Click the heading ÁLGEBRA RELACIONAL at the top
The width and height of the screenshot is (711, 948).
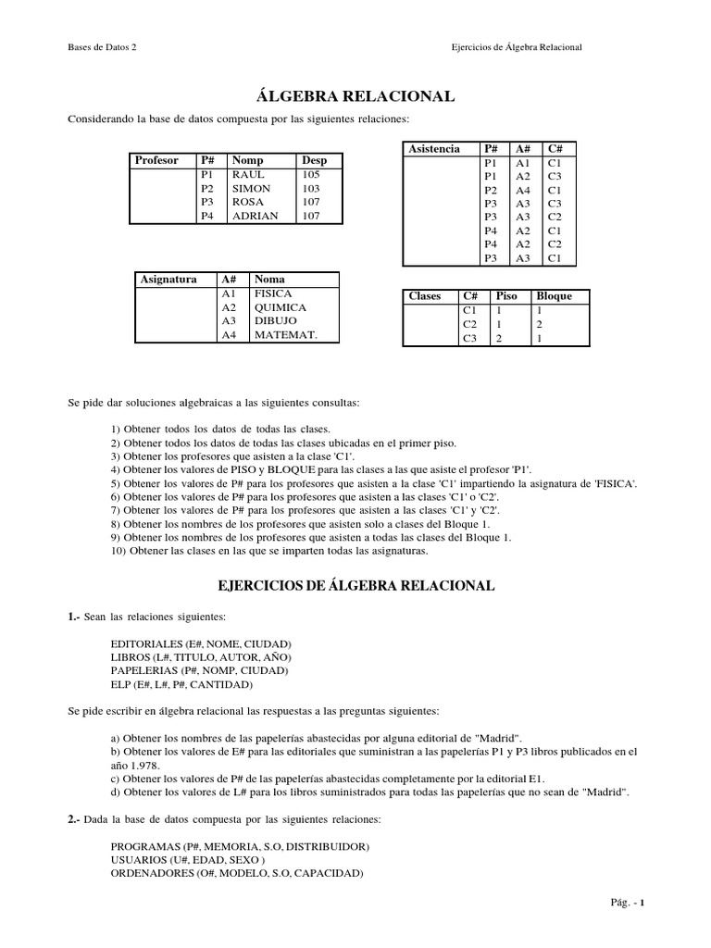[x=355, y=96]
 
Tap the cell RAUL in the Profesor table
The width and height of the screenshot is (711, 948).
[x=248, y=174]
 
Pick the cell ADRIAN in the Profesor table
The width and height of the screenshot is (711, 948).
[x=256, y=216]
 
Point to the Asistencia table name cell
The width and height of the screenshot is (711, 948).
[x=433, y=148]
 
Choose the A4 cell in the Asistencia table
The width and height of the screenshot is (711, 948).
[x=523, y=190]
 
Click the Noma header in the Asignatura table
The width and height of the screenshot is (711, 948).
[x=269, y=279]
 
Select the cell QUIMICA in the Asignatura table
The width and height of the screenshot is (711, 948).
[x=281, y=307]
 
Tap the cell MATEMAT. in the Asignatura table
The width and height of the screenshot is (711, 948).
[x=285, y=335]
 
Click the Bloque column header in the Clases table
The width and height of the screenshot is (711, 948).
[x=554, y=296]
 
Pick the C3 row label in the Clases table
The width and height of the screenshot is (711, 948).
[x=469, y=339]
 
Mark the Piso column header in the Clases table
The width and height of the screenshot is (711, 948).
[x=507, y=296]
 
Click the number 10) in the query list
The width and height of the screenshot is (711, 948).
[x=119, y=551]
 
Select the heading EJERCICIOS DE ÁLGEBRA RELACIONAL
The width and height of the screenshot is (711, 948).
[x=355, y=586]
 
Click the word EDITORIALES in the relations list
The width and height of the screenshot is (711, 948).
[x=145, y=642]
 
